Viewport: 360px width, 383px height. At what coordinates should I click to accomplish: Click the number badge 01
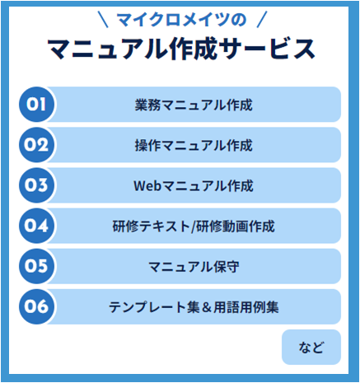tap(36, 105)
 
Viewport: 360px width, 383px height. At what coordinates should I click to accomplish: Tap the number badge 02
tap(36, 145)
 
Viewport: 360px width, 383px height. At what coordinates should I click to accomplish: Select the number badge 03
tap(36, 185)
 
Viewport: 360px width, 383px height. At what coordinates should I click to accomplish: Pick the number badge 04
tap(36, 226)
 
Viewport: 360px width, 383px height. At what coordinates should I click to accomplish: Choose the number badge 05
tap(36, 266)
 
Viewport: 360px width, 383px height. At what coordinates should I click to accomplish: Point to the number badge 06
tap(36, 306)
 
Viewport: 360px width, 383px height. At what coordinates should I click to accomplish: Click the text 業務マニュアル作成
tap(194, 105)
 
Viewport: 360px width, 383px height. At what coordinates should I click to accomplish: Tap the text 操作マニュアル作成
tap(194, 145)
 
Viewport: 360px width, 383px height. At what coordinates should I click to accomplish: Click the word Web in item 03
tap(147, 185)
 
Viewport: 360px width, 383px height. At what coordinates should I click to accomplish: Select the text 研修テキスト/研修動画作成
tap(194, 227)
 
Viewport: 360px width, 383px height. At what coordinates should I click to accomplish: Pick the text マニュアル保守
tap(194, 267)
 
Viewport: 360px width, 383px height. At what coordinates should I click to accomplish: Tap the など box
tap(311, 347)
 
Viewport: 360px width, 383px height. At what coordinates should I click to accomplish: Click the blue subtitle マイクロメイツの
tap(181, 20)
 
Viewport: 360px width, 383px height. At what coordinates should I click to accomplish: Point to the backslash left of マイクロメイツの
tap(103, 19)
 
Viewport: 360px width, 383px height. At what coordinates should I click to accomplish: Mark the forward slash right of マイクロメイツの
tap(262, 19)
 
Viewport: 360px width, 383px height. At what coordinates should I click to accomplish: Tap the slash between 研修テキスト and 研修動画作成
tap(194, 227)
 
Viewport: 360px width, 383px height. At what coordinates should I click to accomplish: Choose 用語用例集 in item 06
tap(246, 307)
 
